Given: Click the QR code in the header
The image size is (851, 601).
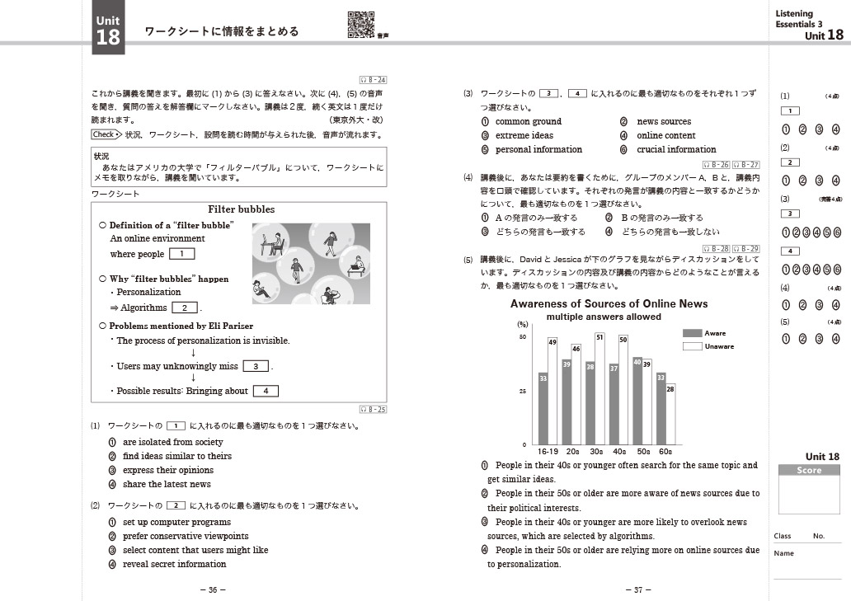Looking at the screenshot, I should coord(361,24).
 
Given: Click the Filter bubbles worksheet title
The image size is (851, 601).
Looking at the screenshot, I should coord(241,209).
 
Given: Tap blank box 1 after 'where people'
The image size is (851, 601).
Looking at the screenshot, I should coord(181,254).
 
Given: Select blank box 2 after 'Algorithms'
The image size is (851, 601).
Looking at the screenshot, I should coord(184,308).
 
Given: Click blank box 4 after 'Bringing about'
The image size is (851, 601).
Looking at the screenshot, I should coord(266,391).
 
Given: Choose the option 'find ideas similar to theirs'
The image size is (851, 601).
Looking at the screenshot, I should coord(176,456).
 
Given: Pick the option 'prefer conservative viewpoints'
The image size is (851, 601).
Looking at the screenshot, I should coord(185,536).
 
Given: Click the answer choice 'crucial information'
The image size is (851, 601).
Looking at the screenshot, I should coord(676,149).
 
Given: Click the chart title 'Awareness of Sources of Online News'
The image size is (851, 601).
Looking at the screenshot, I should coord(609,304).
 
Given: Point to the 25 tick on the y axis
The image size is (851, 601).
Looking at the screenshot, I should coord(521,392).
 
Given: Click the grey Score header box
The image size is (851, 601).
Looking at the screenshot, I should coord(809,471).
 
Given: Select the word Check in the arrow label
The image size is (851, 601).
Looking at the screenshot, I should coord(103,134).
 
